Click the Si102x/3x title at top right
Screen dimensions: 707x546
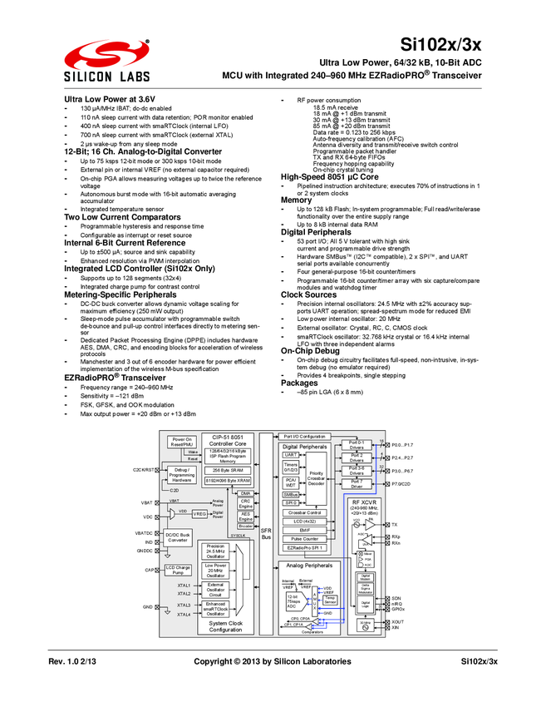pyautogui.click(x=448, y=44)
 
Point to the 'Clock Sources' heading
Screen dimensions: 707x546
pyautogui.click(x=308, y=294)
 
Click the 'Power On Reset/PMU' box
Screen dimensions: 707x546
pyautogui.click(x=184, y=442)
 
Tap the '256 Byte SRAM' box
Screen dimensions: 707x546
pyautogui.click(x=227, y=470)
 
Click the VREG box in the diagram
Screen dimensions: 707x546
pyautogui.click(x=199, y=514)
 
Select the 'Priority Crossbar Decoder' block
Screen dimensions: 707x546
pyautogui.click(x=315, y=478)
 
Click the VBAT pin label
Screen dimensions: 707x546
pyautogui.click(x=146, y=503)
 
